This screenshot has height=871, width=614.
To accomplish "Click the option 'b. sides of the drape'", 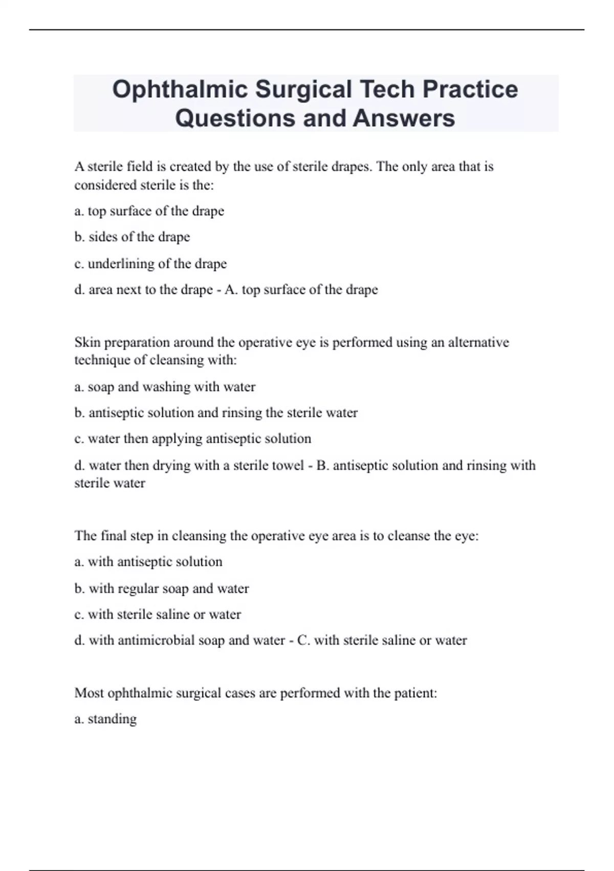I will click(x=132, y=237).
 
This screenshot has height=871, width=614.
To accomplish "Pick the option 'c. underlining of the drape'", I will click(x=150, y=263).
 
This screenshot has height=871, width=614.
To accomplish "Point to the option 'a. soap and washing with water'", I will click(x=165, y=386).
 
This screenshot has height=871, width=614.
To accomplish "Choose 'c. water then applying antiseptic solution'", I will click(x=192, y=439).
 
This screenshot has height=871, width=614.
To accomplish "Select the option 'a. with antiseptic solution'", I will click(x=148, y=562).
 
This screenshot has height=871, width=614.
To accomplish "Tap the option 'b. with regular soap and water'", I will click(x=162, y=588).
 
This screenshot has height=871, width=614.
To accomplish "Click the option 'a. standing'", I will click(x=105, y=719).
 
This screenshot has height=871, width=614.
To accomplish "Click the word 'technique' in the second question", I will click(x=102, y=360).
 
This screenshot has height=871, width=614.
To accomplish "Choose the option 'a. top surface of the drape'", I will click(x=149, y=211).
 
